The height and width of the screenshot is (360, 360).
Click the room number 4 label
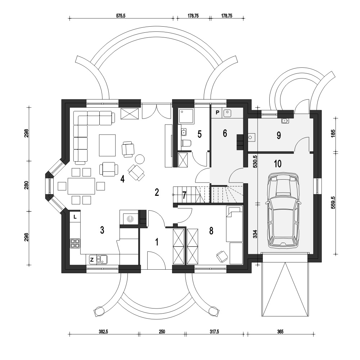coord(122,179)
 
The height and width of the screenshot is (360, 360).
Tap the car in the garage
coord(283,210)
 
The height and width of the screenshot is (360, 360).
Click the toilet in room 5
coord(186,143)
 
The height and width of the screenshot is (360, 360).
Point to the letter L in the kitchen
coord(75,216)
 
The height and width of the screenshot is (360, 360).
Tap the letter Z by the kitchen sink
coord(92,260)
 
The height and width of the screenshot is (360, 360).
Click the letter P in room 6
coord(217,112)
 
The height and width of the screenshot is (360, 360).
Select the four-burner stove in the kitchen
coord(75,243)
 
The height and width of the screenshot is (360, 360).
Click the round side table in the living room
coord(139,159)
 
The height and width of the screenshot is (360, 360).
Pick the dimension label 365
coord(280,332)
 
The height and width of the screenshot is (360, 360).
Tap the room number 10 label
coord(278,164)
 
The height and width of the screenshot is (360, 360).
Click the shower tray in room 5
coord(186,116)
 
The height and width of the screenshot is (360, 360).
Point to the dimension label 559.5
coord(333,202)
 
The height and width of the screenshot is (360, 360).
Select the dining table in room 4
coord(81,186)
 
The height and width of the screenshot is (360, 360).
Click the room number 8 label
coord(211,231)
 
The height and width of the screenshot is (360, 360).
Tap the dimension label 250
coord(162,332)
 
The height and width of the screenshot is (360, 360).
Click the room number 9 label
coord(279,135)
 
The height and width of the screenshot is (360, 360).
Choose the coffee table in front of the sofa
coord(107,145)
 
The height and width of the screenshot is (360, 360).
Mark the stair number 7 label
coord(184,195)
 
